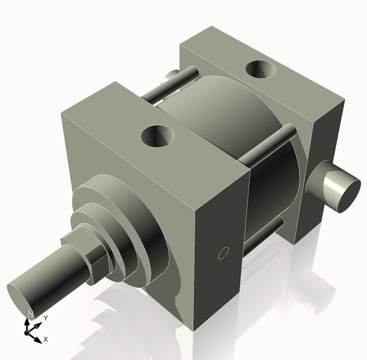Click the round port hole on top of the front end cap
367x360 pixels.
click(158, 135)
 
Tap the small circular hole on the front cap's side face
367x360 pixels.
click(223, 252)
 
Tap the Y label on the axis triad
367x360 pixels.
click(45, 318)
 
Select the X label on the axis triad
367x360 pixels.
click(46, 339)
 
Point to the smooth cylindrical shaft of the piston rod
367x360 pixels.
click(55, 279)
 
